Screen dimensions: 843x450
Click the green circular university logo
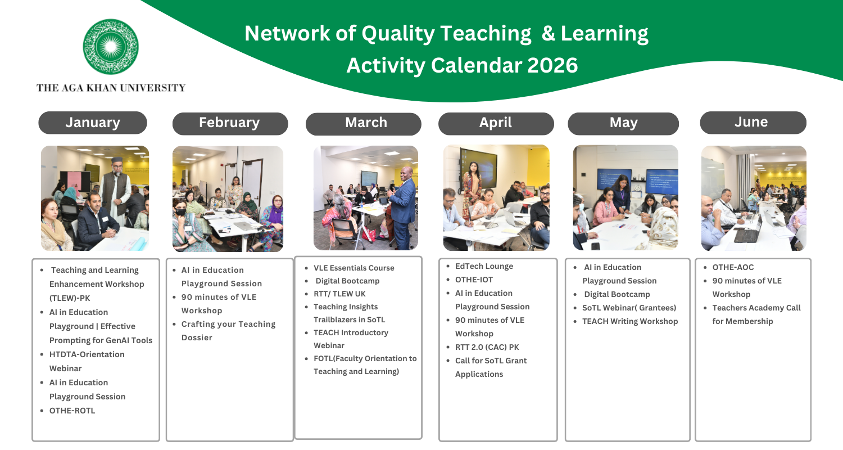tap(111, 47)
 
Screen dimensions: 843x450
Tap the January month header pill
tap(93, 123)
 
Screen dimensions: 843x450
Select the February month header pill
tap(230, 124)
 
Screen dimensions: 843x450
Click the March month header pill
tap(363, 124)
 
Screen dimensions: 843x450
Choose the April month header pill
tap(496, 124)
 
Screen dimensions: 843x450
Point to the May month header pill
tap(623, 124)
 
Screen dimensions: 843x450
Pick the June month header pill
tap(753, 123)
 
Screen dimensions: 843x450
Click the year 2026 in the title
tap(552, 65)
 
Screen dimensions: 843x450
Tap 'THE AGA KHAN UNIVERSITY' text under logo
tap(111, 88)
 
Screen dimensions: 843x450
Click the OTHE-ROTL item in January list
tap(72, 411)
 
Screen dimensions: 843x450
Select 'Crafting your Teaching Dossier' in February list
tap(228, 331)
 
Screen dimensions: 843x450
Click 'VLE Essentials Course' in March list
tap(354, 268)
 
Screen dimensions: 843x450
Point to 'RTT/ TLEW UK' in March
tap(339, 294)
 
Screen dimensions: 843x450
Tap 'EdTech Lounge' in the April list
tap(484, 266)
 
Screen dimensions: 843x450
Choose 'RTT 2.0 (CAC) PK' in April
tap(487, 347)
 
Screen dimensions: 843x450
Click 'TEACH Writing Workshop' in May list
tap(630, 321)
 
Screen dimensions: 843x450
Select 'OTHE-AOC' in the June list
tap(733, 267)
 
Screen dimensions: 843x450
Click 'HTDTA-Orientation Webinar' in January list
tap(87, 362)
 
